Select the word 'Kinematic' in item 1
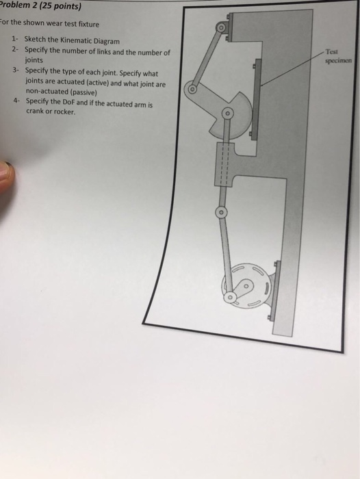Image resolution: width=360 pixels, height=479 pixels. (x=79, y=41)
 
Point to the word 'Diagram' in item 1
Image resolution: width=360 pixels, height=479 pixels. (x=110, y=41)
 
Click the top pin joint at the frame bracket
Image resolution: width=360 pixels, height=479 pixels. (x=220, y=27)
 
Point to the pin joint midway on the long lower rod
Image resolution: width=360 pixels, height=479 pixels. (x=220, y=213)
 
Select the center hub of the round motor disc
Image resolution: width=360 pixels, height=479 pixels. (x=248, y=283)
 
